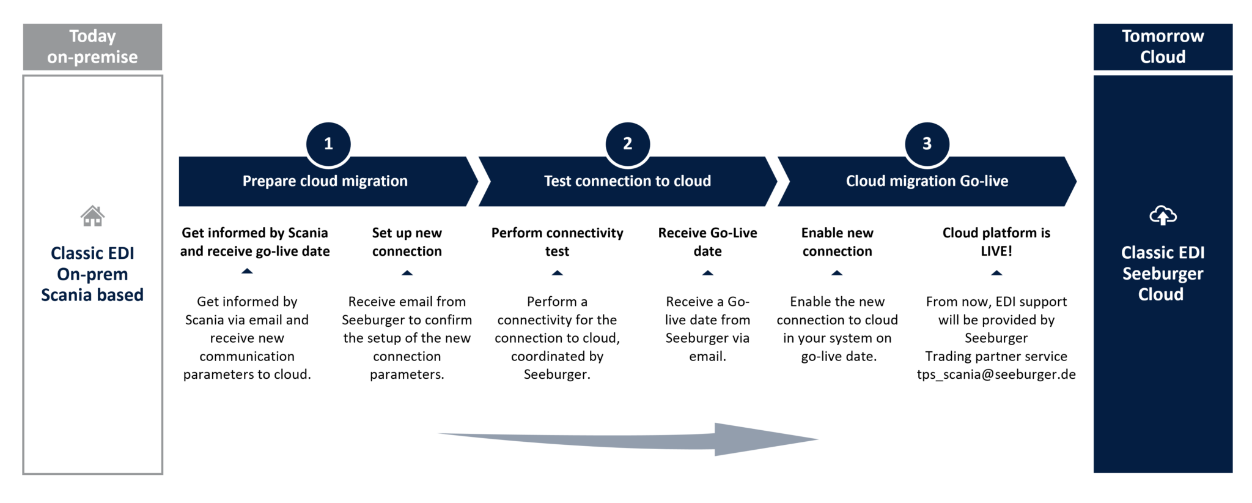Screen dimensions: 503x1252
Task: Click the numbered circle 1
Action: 328,144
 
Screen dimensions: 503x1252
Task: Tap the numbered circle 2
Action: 627,144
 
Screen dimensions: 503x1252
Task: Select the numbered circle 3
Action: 927,144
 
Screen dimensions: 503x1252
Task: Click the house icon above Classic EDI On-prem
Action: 92,216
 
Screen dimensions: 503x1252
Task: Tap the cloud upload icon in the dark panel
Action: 1163,215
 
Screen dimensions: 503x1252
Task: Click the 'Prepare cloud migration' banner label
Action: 325,181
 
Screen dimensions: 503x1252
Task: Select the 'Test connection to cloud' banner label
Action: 627,181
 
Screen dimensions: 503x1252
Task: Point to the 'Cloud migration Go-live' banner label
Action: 927,181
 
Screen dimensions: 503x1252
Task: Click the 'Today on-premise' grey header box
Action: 92,47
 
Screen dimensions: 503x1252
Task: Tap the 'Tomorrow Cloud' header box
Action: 1163,47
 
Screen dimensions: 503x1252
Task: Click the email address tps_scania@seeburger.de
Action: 996,374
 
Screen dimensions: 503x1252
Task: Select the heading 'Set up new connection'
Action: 407,242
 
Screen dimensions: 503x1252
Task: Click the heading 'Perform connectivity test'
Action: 557,242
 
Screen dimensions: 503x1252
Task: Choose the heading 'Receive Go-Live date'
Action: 707,242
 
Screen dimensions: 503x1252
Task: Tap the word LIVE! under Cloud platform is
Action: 996,251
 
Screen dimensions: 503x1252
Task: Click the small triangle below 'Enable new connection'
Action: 837,273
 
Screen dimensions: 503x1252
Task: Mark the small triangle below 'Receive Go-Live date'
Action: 707,273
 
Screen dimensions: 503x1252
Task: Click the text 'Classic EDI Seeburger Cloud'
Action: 1162,274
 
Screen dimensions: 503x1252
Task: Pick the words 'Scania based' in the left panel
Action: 92,295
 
